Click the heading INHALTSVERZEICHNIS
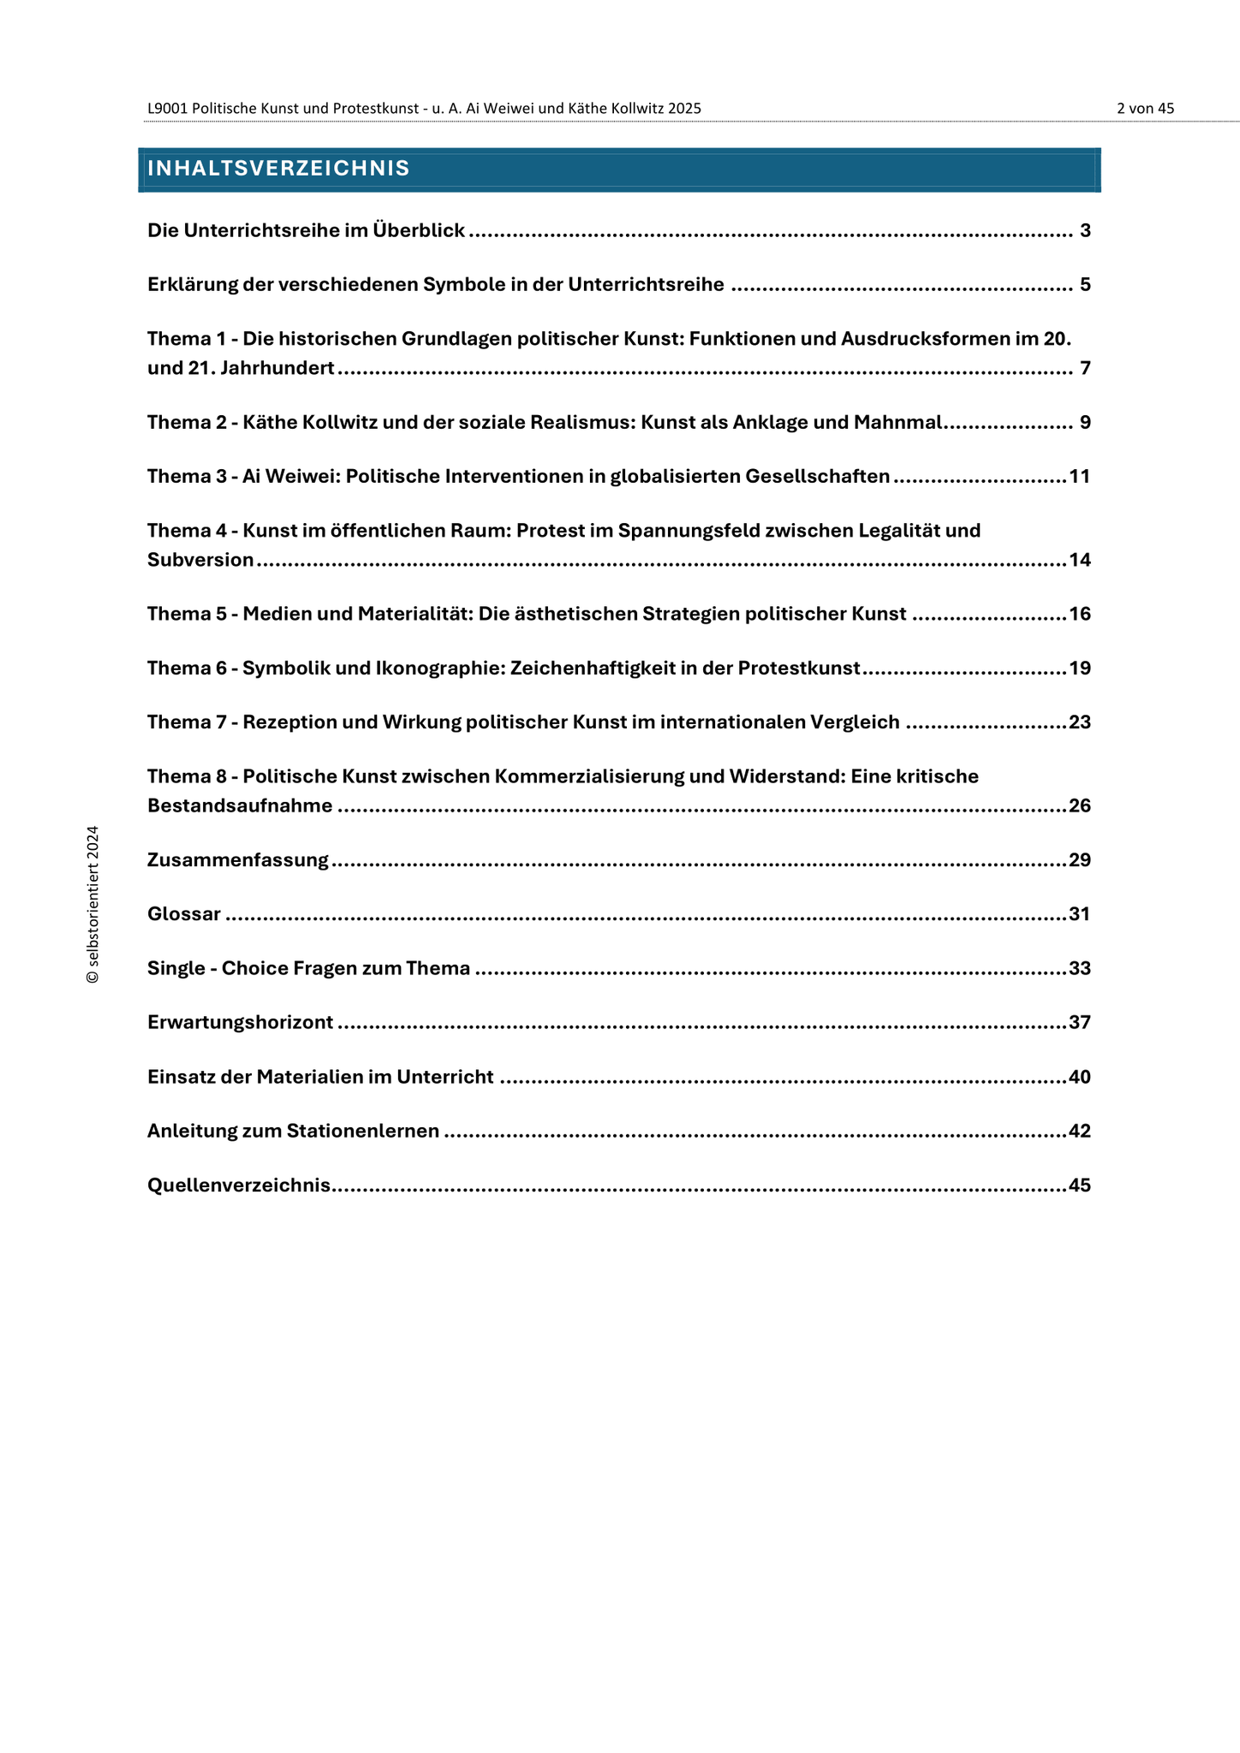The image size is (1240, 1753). (x=278, y=169)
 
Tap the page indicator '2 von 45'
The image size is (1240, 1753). (x=1145, y=109)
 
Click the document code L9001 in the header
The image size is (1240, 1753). (x=167, y=109)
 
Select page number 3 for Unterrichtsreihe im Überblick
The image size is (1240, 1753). (x=1085, y=230)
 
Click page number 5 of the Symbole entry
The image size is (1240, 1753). (x=1085, y=284)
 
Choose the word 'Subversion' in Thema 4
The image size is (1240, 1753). (x=200, y=561)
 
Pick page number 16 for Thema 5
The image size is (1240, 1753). (x=1080, y=615)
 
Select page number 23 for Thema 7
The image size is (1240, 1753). (x=1080, y=722)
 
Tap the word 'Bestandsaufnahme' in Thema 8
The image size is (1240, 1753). (x=240, y=806)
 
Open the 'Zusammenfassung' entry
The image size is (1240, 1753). (x=238, y=860)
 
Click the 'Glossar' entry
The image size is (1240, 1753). (x=184, y=914)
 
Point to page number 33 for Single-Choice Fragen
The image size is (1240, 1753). (x=1080, y=969)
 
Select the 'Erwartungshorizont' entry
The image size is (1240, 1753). (x=241, y=1023)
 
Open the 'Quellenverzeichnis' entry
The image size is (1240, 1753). (x=239, y=1186)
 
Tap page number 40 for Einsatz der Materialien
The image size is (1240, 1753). (x=1080, y=1077)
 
